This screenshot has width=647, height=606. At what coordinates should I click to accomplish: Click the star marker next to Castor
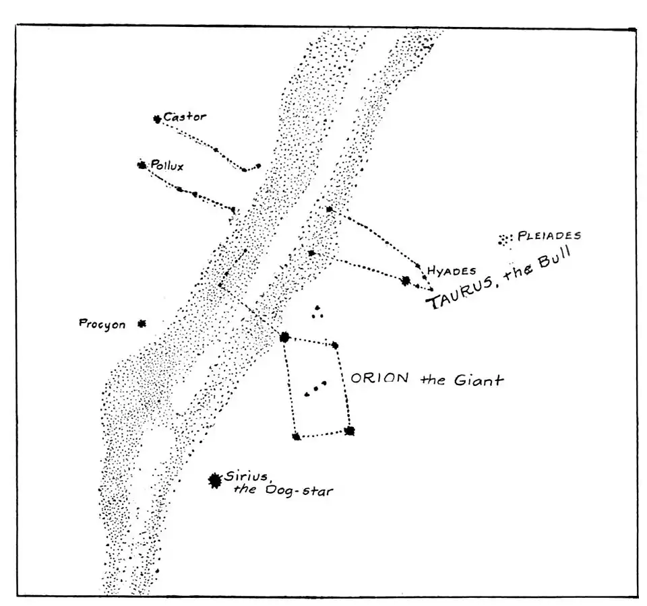tap(157, 119)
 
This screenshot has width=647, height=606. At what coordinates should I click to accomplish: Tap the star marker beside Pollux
tap(142, 165)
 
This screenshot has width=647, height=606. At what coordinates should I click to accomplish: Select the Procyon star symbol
tap(142, 324)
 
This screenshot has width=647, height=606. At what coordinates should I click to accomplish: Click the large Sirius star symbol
tap(215, 480)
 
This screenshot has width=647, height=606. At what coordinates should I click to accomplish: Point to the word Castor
tap(185, 117)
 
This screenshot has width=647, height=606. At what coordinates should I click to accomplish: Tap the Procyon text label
tap(102, 325)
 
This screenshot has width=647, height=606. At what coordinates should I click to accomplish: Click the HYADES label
tap(452, 271)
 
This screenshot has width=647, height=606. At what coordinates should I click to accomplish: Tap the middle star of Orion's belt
tap(315, 389)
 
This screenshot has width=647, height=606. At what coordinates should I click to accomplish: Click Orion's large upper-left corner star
tap(284, 337)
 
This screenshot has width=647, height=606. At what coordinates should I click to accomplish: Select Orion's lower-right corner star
tap(349, 430)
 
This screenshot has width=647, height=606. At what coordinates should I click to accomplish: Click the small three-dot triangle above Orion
tap(317, 311)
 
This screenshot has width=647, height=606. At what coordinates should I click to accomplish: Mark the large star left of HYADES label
tap(406, 281)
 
